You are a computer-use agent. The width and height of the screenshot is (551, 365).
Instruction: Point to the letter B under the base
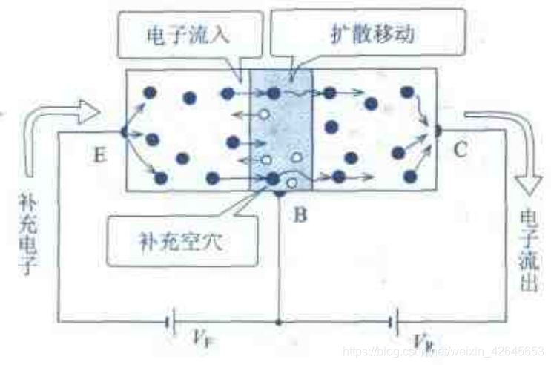pyautogui.click(x=299, y=216)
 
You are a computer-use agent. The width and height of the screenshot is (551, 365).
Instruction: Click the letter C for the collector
pyautogui.click(x=460, y=151)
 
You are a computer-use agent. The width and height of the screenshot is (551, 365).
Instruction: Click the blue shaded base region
pyautogui.click(x=282, y=130)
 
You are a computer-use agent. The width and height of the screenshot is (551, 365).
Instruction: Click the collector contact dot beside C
pyautogui.click(x=437, y=131)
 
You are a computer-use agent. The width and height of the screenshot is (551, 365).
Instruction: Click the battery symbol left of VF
pyautogui.click(x=170, y=322)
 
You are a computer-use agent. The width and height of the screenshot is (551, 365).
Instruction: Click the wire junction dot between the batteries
pyautogui.click(x=279, y=322)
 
